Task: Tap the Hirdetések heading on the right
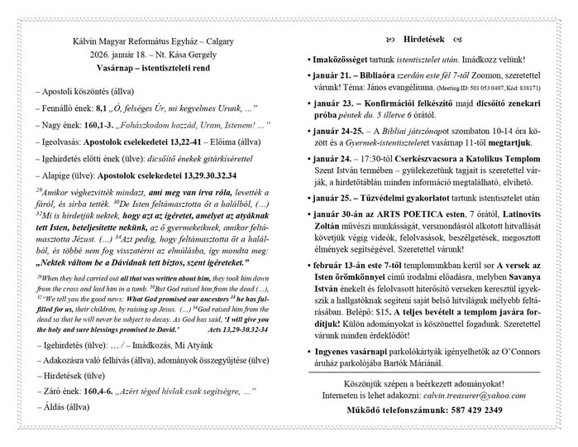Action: [427, 39]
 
